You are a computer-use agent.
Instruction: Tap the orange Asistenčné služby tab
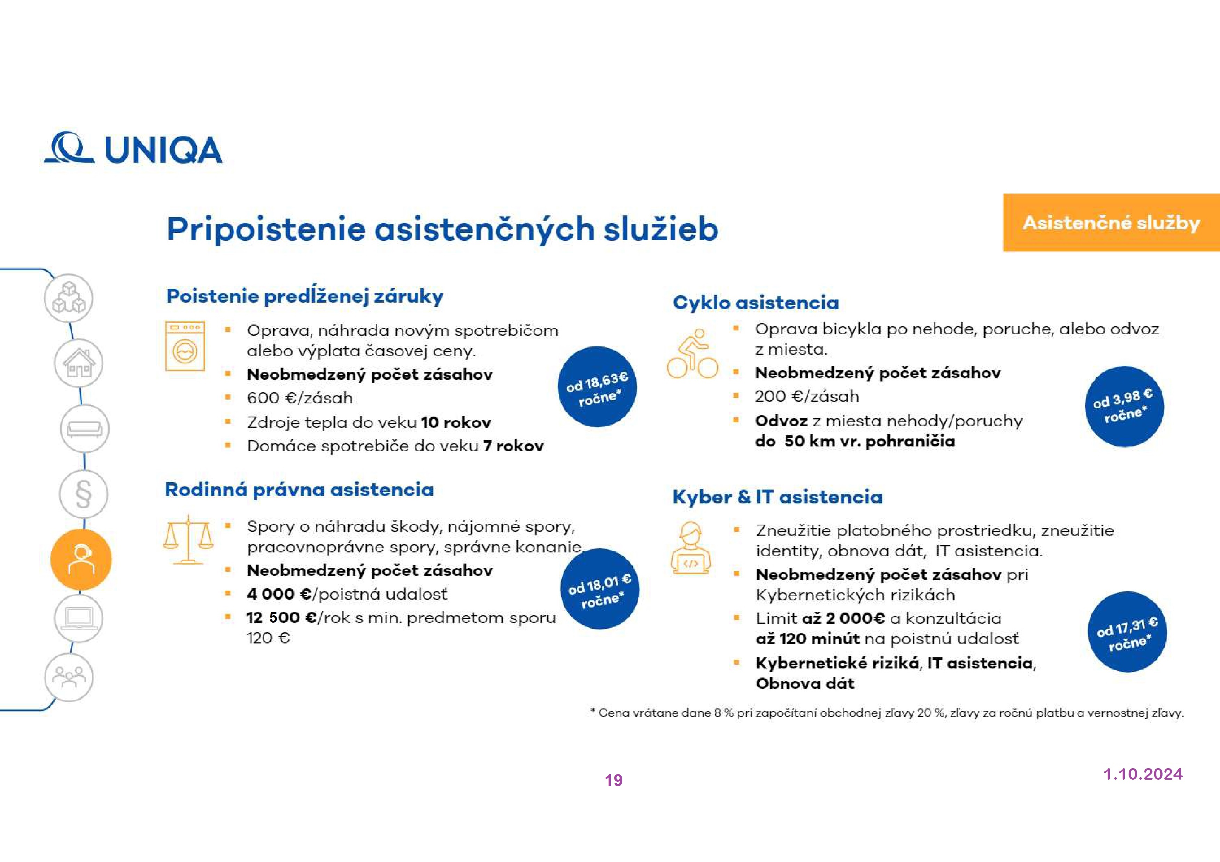pos(1110,223)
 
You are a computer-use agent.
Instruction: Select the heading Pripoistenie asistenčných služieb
pos(442,229)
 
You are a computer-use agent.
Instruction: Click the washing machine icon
pos(185,346)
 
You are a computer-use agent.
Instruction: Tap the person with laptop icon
pos(690,548)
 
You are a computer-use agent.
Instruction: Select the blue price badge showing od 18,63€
pos(597,387)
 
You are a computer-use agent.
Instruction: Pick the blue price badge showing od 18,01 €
pos(599,589)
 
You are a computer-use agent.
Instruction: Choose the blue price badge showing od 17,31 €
pos(1127,632)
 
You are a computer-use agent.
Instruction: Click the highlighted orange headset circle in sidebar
pos(81,559)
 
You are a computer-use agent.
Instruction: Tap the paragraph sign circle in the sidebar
pos(83,494)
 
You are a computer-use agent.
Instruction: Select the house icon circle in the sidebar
pos(79,364)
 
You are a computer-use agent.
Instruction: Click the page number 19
pos(614,780)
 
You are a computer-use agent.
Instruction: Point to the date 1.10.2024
pos(1143,774)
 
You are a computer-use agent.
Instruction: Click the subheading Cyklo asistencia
pos(756,303)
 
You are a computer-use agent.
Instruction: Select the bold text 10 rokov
pos(456,423)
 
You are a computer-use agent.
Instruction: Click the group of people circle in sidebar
pos(69,677)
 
